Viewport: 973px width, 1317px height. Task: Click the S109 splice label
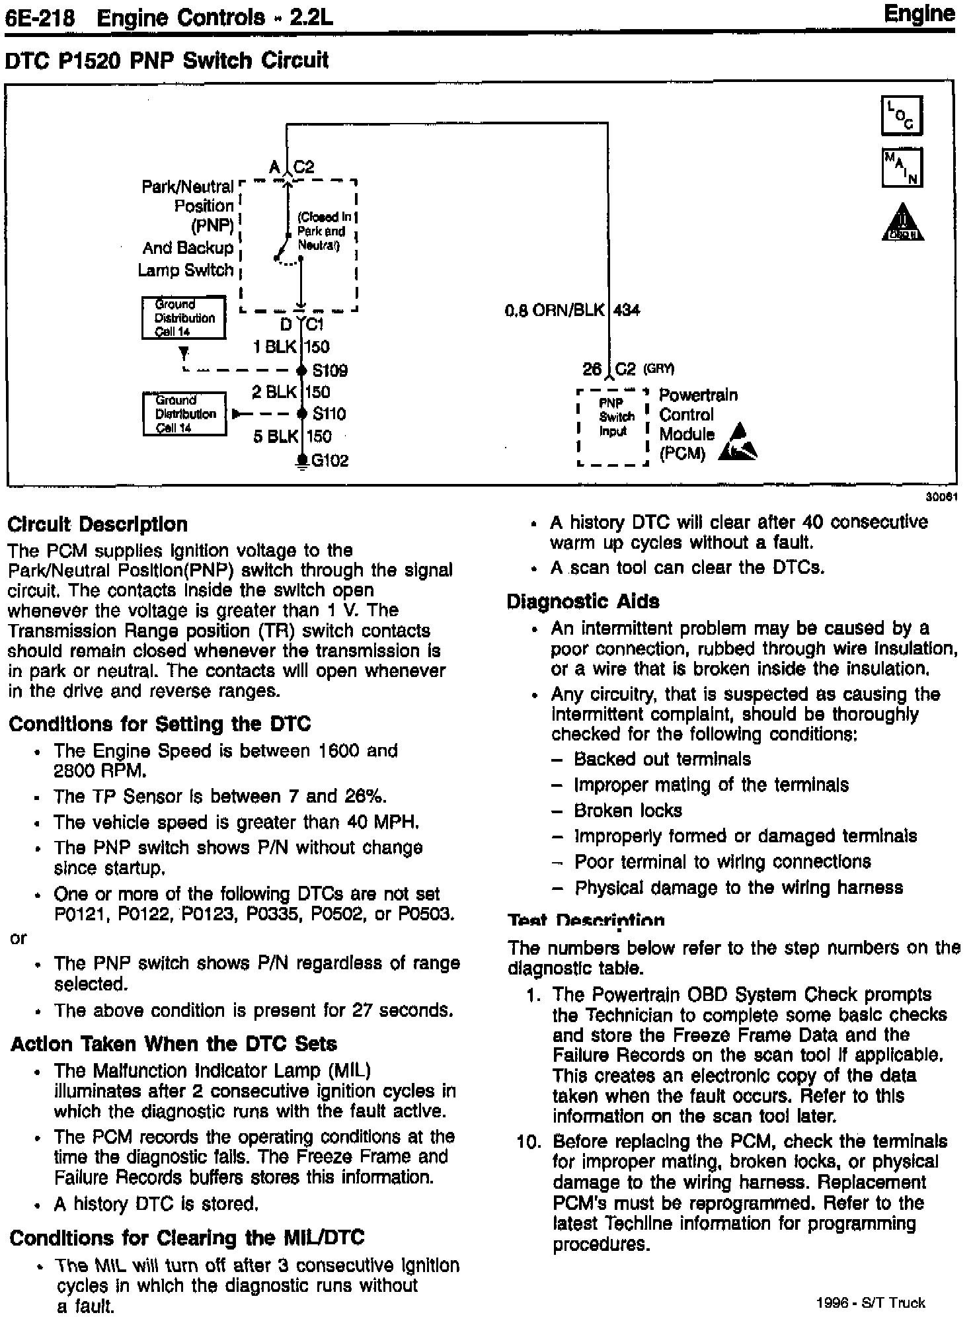[330, 370]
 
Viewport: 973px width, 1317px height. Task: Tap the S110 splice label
[329, 414]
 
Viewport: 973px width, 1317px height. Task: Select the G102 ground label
[329, 460]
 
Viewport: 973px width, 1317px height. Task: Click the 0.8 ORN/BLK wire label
[554, 310]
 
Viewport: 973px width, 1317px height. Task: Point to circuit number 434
[627, 310]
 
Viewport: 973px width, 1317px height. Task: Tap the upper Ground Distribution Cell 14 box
[184, 318]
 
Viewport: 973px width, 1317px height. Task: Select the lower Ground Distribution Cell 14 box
[184, 414]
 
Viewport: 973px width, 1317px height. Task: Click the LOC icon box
[901, 116]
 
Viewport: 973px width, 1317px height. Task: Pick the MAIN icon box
[901, 167]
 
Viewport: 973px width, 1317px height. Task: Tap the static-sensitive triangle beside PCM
[738, 443]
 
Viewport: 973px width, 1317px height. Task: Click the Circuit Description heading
[97, 524]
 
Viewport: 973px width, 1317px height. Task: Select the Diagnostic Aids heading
[582, 601]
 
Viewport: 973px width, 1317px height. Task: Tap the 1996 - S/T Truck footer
[871, 1302]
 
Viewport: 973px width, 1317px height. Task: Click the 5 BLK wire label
[274, 436]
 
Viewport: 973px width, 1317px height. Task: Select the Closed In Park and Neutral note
[322, 231]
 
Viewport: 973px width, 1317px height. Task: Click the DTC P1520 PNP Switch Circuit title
[167, 61]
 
